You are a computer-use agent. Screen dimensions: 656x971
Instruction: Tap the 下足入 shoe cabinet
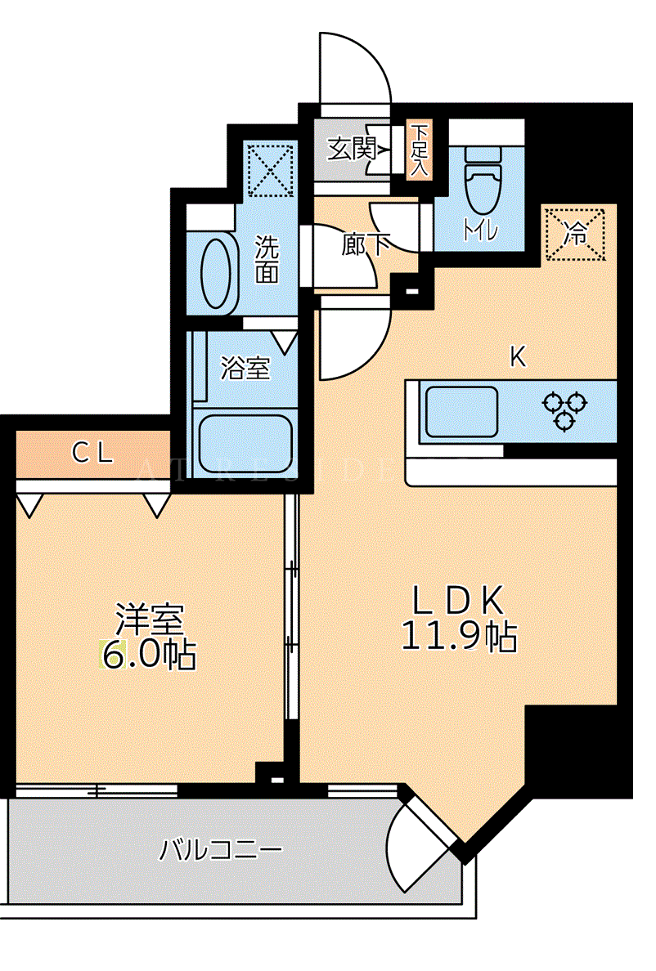[420, 150]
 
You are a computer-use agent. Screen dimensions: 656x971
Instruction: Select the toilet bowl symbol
[482, 180]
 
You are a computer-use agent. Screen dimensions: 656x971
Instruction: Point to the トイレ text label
[481, 230]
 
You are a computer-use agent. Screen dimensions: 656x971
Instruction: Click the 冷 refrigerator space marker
[575, 234]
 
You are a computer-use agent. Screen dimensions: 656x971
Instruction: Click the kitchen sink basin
[461, 411]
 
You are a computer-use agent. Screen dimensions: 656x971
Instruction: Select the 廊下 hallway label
[366, 244]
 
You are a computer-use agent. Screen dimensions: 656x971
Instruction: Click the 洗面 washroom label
[267, 259]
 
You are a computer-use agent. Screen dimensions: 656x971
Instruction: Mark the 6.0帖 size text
[149, 654]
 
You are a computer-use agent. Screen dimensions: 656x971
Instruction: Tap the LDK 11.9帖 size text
[459, 617]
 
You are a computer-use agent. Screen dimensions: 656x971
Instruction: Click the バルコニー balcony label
[221, 848]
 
